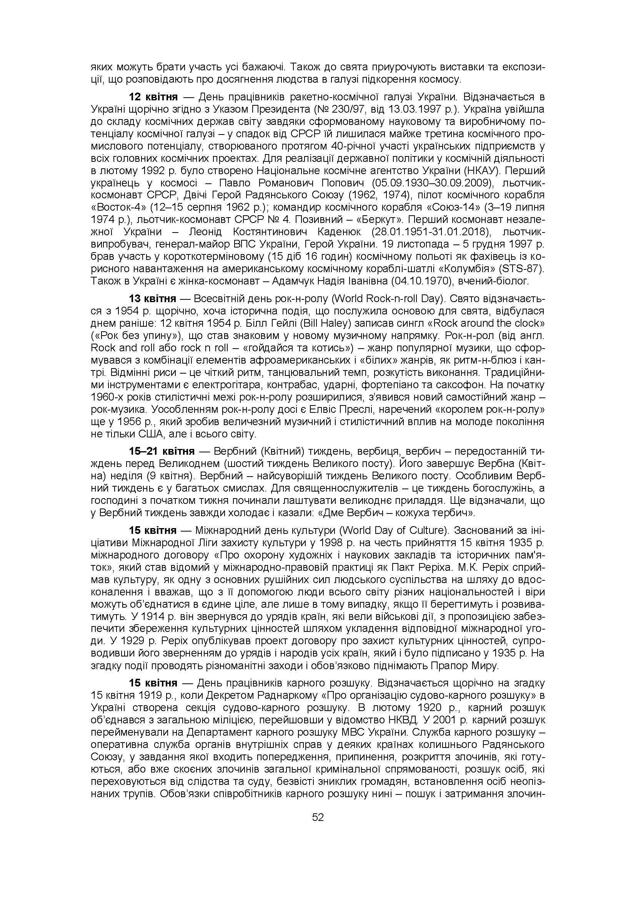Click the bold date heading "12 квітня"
click(x=153, y=97)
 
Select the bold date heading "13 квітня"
click(x=153, y=299)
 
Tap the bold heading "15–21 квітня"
click(x=162, y=452)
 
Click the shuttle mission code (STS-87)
click(x=520, y=269)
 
